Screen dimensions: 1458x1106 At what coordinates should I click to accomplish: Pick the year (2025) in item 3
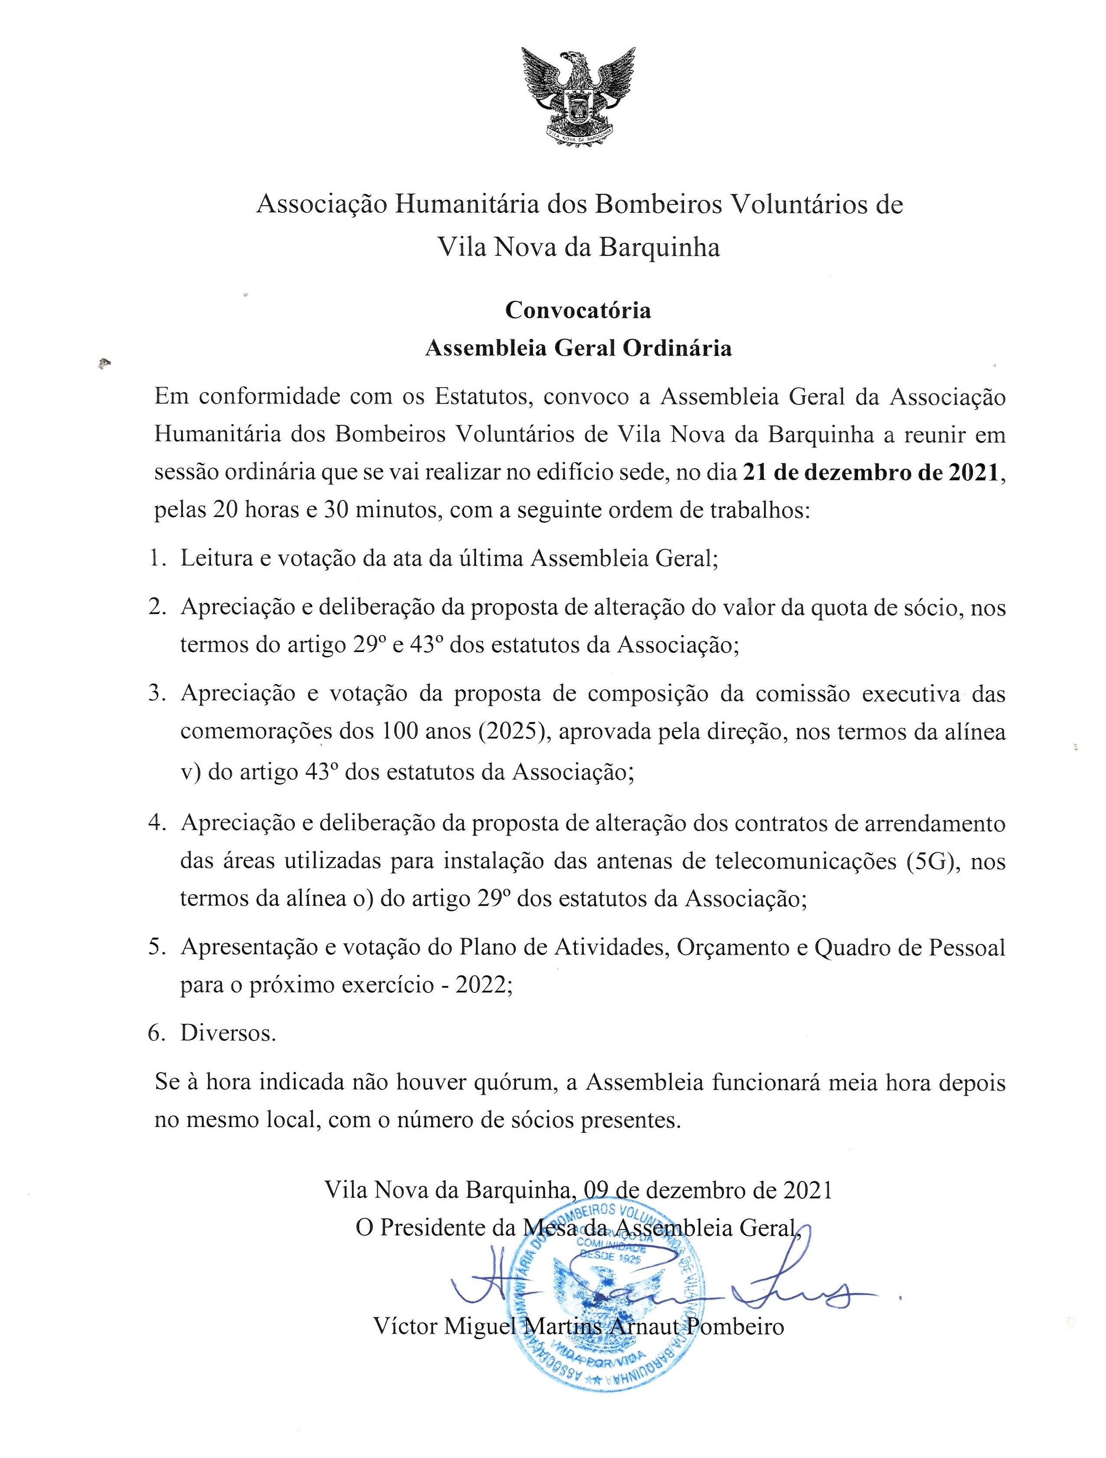point(503,732)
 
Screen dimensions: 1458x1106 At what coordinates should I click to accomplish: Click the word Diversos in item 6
point(228,1033)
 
